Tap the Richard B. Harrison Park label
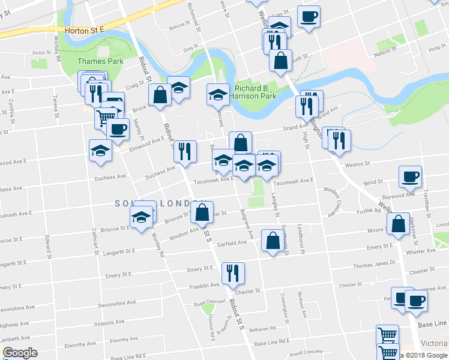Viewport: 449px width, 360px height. point(255,92)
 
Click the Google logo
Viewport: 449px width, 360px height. point(20,353)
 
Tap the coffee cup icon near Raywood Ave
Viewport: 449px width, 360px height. point(410,176)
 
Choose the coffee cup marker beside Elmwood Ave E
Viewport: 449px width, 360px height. point(118,128)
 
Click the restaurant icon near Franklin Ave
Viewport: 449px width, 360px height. point(232,273)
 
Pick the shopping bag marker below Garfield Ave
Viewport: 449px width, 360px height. point(273,242)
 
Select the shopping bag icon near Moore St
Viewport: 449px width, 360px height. point(398,224)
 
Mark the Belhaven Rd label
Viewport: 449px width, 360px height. point(262,329)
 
